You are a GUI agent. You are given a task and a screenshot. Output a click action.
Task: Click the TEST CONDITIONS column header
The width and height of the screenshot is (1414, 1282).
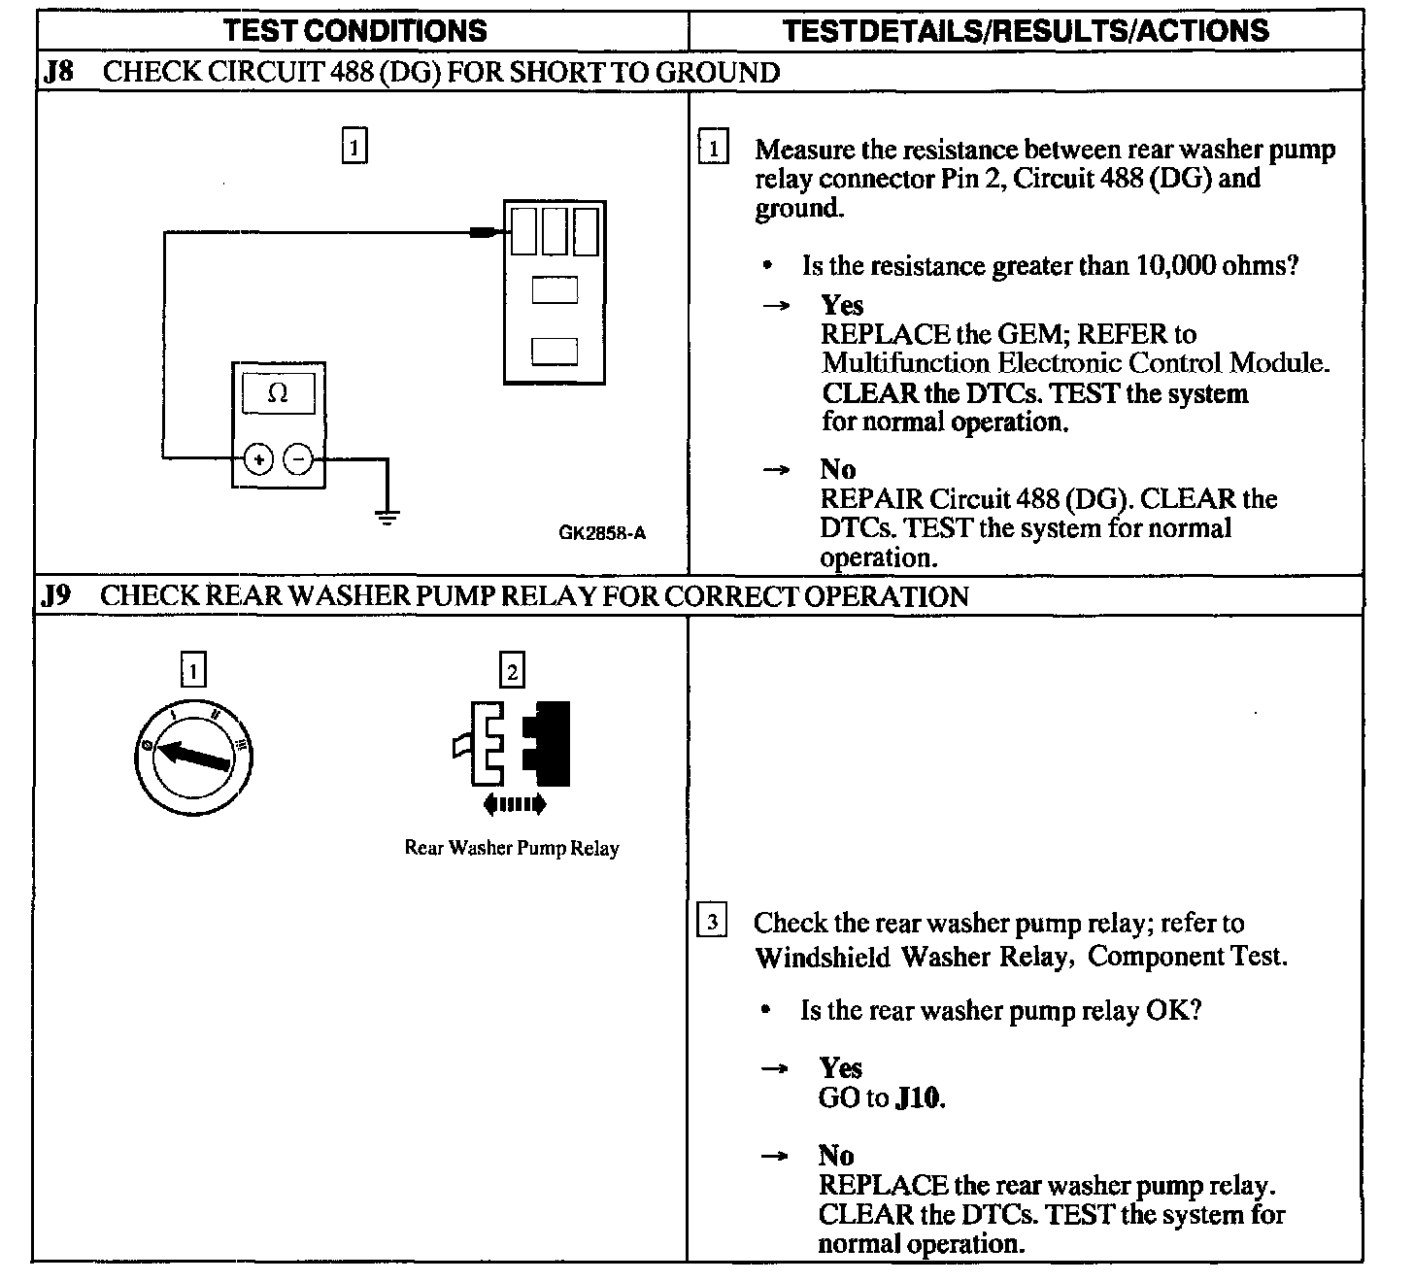click(x=355, y=31)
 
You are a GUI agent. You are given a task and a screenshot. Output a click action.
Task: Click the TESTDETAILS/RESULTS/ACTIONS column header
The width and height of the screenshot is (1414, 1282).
click(x=1026, y=31)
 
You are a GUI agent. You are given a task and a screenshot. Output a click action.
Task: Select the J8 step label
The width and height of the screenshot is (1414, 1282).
click(x=58, y=73)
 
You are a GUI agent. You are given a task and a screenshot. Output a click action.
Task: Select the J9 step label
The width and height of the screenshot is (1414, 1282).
click(x=57, y=595)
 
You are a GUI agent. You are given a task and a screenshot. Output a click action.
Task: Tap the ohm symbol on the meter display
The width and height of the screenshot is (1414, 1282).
click(x=278, y=394)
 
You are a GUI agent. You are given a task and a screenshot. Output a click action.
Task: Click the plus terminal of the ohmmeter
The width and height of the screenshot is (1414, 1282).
click(x=258, y=458)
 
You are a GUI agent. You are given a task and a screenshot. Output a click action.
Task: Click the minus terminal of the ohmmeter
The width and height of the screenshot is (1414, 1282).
click(x=298, y=458)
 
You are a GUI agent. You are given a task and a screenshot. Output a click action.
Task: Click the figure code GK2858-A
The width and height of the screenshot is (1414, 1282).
click(x=602, y=532)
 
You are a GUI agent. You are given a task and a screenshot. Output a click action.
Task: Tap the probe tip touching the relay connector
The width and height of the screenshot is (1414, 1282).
click(x=483, y=232)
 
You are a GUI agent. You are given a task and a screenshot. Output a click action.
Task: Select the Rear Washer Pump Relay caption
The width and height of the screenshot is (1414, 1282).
click(x=512, y=848)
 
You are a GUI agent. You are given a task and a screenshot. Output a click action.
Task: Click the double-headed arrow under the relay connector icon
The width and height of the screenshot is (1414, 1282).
click(x=514, y=804)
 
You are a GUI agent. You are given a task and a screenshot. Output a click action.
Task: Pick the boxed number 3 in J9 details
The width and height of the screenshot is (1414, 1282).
click(x=712, y=922)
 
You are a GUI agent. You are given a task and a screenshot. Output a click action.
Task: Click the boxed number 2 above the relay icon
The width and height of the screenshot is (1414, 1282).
click(x=512, y=670)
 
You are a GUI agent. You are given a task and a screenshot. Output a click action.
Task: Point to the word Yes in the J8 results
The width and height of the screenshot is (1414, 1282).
click(x=841, y=305)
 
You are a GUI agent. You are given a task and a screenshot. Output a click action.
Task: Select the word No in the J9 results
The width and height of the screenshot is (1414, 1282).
click(x=836, y=1156)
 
